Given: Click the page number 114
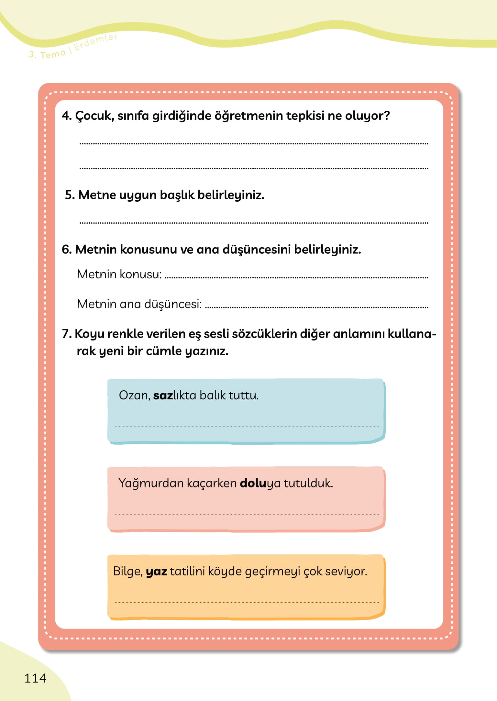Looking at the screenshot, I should (35, 678).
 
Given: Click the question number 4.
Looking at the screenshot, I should (66, 116).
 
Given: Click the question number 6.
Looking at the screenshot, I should (66, 250).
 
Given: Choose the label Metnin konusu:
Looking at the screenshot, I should (119, 274).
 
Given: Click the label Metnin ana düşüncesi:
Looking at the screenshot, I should (139, 304).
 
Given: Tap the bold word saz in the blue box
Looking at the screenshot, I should (163, 395).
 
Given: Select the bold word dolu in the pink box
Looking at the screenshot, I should (253, 483).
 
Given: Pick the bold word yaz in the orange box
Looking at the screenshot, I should (156, 572).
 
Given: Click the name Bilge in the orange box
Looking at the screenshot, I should (127, 572).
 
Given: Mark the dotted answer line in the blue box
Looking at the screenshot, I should (247, 427).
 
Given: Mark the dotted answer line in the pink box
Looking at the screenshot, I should (247, 515).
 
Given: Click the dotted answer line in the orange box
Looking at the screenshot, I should (247, 603).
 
